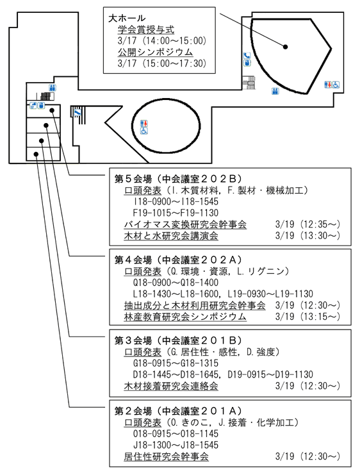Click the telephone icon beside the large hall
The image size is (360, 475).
[247, 56]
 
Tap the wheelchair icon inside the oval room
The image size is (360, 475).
[144, 131]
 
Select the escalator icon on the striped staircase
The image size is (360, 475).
[78, 113]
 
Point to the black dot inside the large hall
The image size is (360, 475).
[285, 47]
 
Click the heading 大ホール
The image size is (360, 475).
[127, 18]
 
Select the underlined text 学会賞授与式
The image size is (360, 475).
[146, 29]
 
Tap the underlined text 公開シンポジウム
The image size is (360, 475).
[155, 52]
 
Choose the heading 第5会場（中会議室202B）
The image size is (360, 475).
[178, 179]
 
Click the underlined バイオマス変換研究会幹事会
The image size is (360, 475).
[185, 224]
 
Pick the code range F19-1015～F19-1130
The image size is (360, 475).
[176, 213]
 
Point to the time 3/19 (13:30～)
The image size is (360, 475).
[307, 236]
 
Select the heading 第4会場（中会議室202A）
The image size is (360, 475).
[178, 260]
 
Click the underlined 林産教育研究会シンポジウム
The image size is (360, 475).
[185, 317]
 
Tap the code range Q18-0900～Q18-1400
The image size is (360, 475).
[176, 283]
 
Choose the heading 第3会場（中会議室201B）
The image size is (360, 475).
[178, 340]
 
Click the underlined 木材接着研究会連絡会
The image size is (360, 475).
[171, 387]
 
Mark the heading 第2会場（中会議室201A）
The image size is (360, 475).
[178, 411]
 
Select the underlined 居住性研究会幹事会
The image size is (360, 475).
[166, 456]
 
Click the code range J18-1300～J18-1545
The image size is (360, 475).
[176, 445]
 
